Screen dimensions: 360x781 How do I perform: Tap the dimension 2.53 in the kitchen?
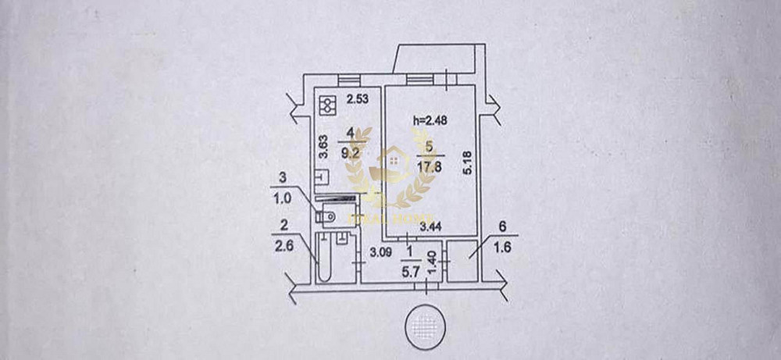pos(358,99)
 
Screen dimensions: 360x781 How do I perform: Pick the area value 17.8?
pos(426,155)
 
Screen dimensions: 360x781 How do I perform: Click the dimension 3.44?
pos(430,227)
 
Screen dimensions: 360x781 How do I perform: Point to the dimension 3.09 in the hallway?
pos(380,251)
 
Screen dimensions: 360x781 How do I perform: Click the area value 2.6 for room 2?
pos(284,249)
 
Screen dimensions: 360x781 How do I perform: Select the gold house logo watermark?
pos(390,166)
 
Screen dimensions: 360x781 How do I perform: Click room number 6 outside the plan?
pos(503,227)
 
